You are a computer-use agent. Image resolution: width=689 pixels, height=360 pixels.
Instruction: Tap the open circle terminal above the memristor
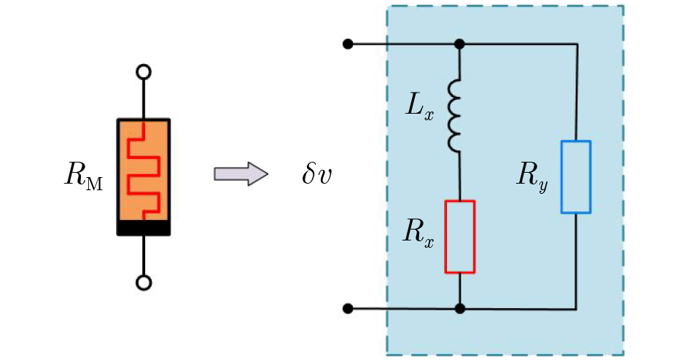point(144,71)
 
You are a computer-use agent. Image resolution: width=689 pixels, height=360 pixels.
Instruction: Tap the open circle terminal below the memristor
point(144,283)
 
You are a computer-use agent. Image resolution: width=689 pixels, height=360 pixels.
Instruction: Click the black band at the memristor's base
point(144,228)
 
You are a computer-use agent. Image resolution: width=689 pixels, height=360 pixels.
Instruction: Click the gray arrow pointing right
point(241,174)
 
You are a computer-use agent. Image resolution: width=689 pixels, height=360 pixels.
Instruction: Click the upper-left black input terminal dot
point(348,44)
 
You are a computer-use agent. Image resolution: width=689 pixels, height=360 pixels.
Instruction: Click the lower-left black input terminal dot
point(348,308)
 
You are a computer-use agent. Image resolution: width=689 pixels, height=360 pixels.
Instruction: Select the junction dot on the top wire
point(459,44)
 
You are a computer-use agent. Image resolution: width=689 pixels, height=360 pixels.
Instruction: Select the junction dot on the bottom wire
point(459,308)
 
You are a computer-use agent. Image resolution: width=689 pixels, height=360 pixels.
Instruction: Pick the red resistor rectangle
point(459,237)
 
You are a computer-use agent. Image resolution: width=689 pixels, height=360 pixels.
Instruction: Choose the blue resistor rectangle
point(576,177)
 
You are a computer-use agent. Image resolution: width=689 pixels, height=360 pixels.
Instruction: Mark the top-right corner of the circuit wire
point(577,44)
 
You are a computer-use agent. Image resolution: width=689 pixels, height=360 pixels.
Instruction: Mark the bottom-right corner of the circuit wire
point(577,308)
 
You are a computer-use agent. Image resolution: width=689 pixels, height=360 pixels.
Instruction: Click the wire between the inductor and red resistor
point(459,177)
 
